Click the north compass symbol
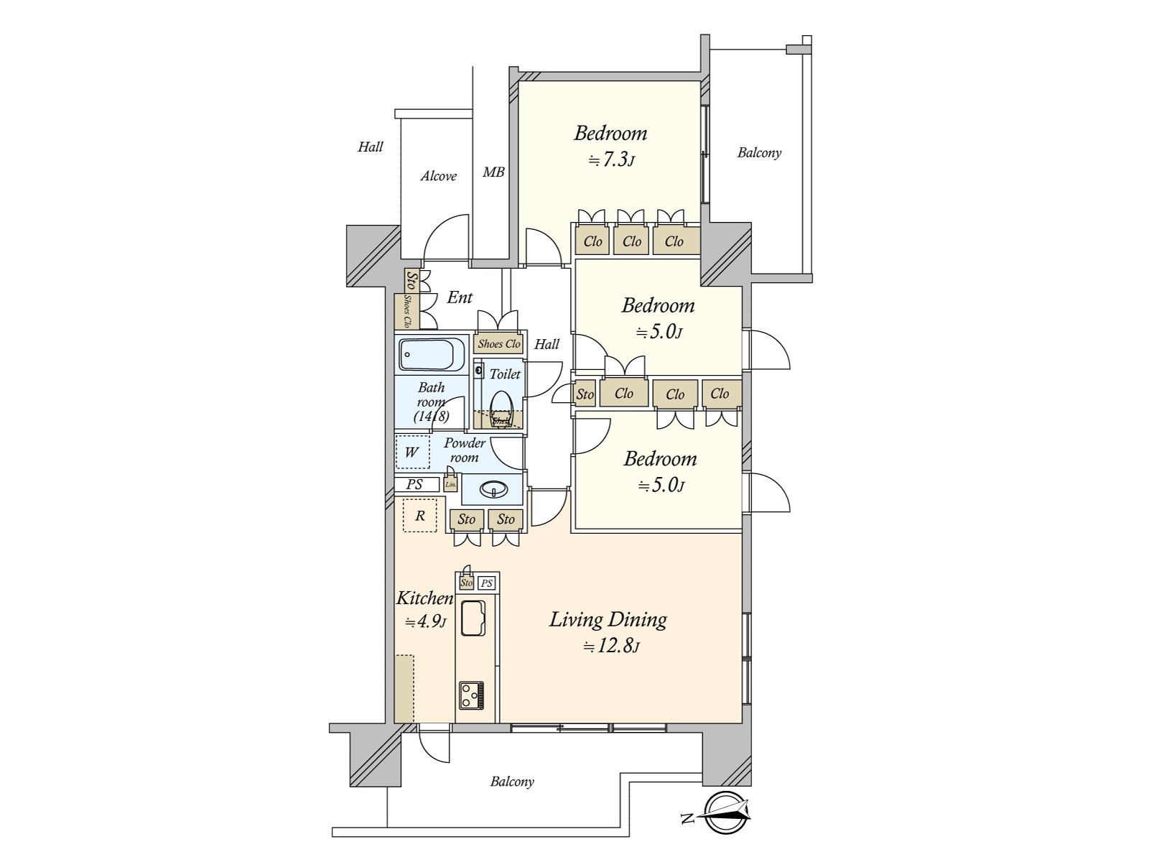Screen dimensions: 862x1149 pos(725,813)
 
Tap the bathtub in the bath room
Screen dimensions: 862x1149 pos(426,355)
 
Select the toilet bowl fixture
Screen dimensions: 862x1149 pos(501,408)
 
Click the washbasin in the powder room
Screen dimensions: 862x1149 pos(493,489)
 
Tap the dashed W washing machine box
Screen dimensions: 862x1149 pos(412,453)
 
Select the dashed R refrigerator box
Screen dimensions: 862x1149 pos(420,516)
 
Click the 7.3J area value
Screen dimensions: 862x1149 pos(611,159)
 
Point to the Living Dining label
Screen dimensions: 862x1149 pos(608,619)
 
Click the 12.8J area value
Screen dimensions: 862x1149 pos(611,646)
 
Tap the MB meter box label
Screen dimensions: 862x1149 pos(493,172)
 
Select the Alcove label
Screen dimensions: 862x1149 pos(439,176)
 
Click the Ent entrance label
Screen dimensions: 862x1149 pos(460,297)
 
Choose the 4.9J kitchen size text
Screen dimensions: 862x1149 pos(425,622)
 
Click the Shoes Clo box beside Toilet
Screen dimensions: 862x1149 pos(499,344)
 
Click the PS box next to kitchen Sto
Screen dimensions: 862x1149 pos(487,583)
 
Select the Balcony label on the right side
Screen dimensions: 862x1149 pos(759,152)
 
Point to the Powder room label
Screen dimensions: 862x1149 pos(464,450)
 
